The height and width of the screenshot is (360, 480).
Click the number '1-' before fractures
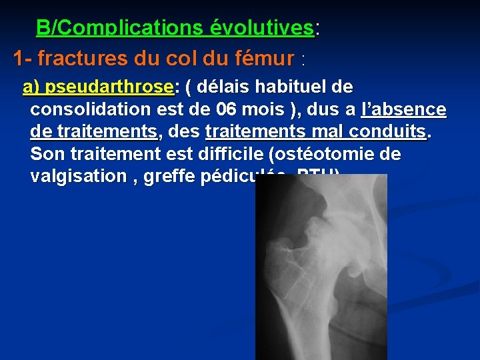point(23,59)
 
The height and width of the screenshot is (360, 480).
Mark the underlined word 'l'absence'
point(403,109)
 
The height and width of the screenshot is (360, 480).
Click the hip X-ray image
point(321,267)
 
